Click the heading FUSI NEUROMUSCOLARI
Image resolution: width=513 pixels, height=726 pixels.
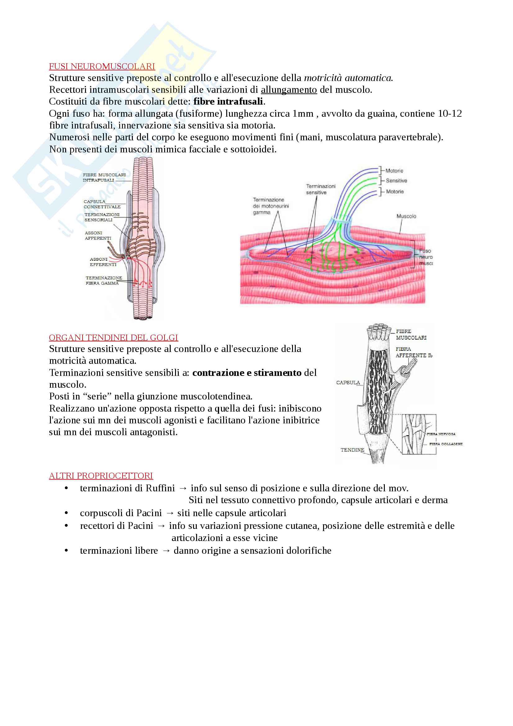102,66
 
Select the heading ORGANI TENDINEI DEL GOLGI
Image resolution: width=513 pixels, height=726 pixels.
113,338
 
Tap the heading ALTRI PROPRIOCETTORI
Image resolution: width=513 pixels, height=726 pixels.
101,476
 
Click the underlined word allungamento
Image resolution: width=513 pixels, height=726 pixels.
289,90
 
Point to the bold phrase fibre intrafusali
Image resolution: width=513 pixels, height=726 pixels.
228,101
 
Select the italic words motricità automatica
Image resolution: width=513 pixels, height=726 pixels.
348,78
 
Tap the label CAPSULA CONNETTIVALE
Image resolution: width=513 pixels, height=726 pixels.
102,204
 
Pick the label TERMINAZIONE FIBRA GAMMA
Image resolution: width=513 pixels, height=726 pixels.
103,281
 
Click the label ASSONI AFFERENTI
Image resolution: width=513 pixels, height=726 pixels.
98,236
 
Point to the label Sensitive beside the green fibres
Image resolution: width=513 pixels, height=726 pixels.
396,181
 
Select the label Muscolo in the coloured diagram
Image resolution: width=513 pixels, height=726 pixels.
406,216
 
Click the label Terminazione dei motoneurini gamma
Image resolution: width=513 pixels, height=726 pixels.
271,206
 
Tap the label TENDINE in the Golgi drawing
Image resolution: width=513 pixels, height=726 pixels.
352,450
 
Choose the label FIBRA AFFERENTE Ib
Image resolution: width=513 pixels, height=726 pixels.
413,352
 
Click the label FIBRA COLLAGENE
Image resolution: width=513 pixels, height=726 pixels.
446,444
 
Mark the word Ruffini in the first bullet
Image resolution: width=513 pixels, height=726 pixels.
160,488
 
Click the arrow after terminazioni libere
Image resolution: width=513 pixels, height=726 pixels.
166,551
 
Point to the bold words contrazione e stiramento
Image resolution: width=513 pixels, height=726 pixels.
246,373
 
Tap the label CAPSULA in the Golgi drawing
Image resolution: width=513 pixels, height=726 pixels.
348,383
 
